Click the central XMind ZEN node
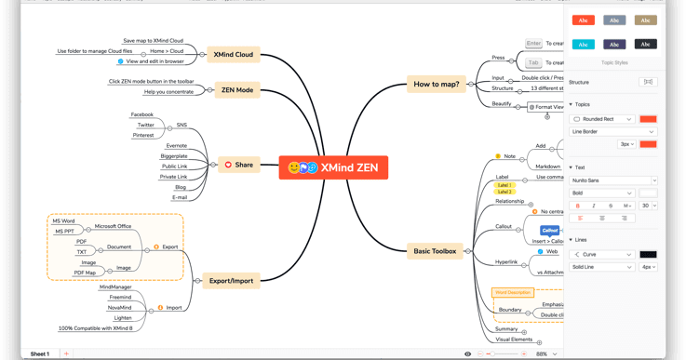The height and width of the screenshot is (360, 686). (x=333, y=167)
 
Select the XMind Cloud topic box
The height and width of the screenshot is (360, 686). (x=233, y=54)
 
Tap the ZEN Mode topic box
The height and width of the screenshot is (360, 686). (x=237, y=90)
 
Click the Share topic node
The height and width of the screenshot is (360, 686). (x=238, y=165)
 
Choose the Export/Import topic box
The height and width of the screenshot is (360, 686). (x=231, y=280)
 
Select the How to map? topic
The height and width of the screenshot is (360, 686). (x=436, y=84)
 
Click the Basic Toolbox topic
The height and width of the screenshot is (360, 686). (x=435, y=251)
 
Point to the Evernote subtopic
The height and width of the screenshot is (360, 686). (x=176, y=145)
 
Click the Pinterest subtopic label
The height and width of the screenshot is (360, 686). (x=143, y=135)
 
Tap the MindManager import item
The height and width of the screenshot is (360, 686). (x=115, y=287)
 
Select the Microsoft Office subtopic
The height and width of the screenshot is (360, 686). (x=113, y=226)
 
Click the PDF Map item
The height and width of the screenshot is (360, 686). (x=85, y=273)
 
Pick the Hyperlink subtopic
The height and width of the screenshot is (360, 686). (x=506, y=262)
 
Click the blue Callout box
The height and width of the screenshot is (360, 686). (x=550, y=230)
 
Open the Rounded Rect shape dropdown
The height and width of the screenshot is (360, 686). (x=603, y=119)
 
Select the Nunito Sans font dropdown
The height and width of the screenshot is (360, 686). (x=613, y=180)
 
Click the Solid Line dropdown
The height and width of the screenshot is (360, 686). (x=602, y=267)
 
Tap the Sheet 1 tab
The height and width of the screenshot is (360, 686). (x=40, y=353)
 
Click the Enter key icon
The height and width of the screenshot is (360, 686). (x=533, y=44)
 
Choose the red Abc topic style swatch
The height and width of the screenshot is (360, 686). (x=584, y=20)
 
